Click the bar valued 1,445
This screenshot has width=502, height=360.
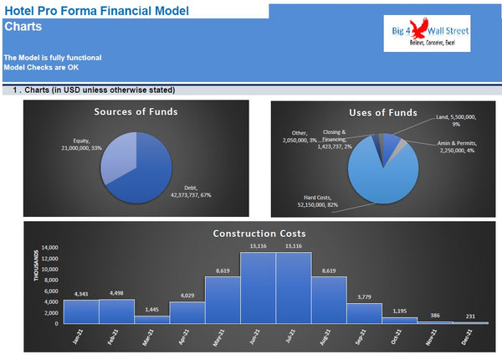pyautogui.click(x=152, y=319)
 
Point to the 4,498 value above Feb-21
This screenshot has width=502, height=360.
pyautogui.click(x=116, y=293)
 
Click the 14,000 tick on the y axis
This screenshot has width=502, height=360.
pyautogui.click(x=49, y=248)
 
